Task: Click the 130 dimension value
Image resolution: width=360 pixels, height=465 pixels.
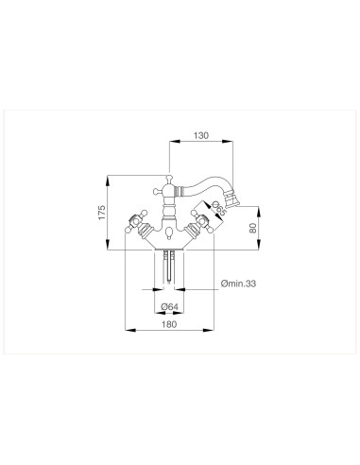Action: click(199, 135)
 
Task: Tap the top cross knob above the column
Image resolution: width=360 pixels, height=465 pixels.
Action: click(169, 179)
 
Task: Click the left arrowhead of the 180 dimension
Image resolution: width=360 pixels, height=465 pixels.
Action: click(129, 331)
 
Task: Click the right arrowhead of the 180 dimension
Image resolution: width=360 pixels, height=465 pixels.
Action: click(212, 331)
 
